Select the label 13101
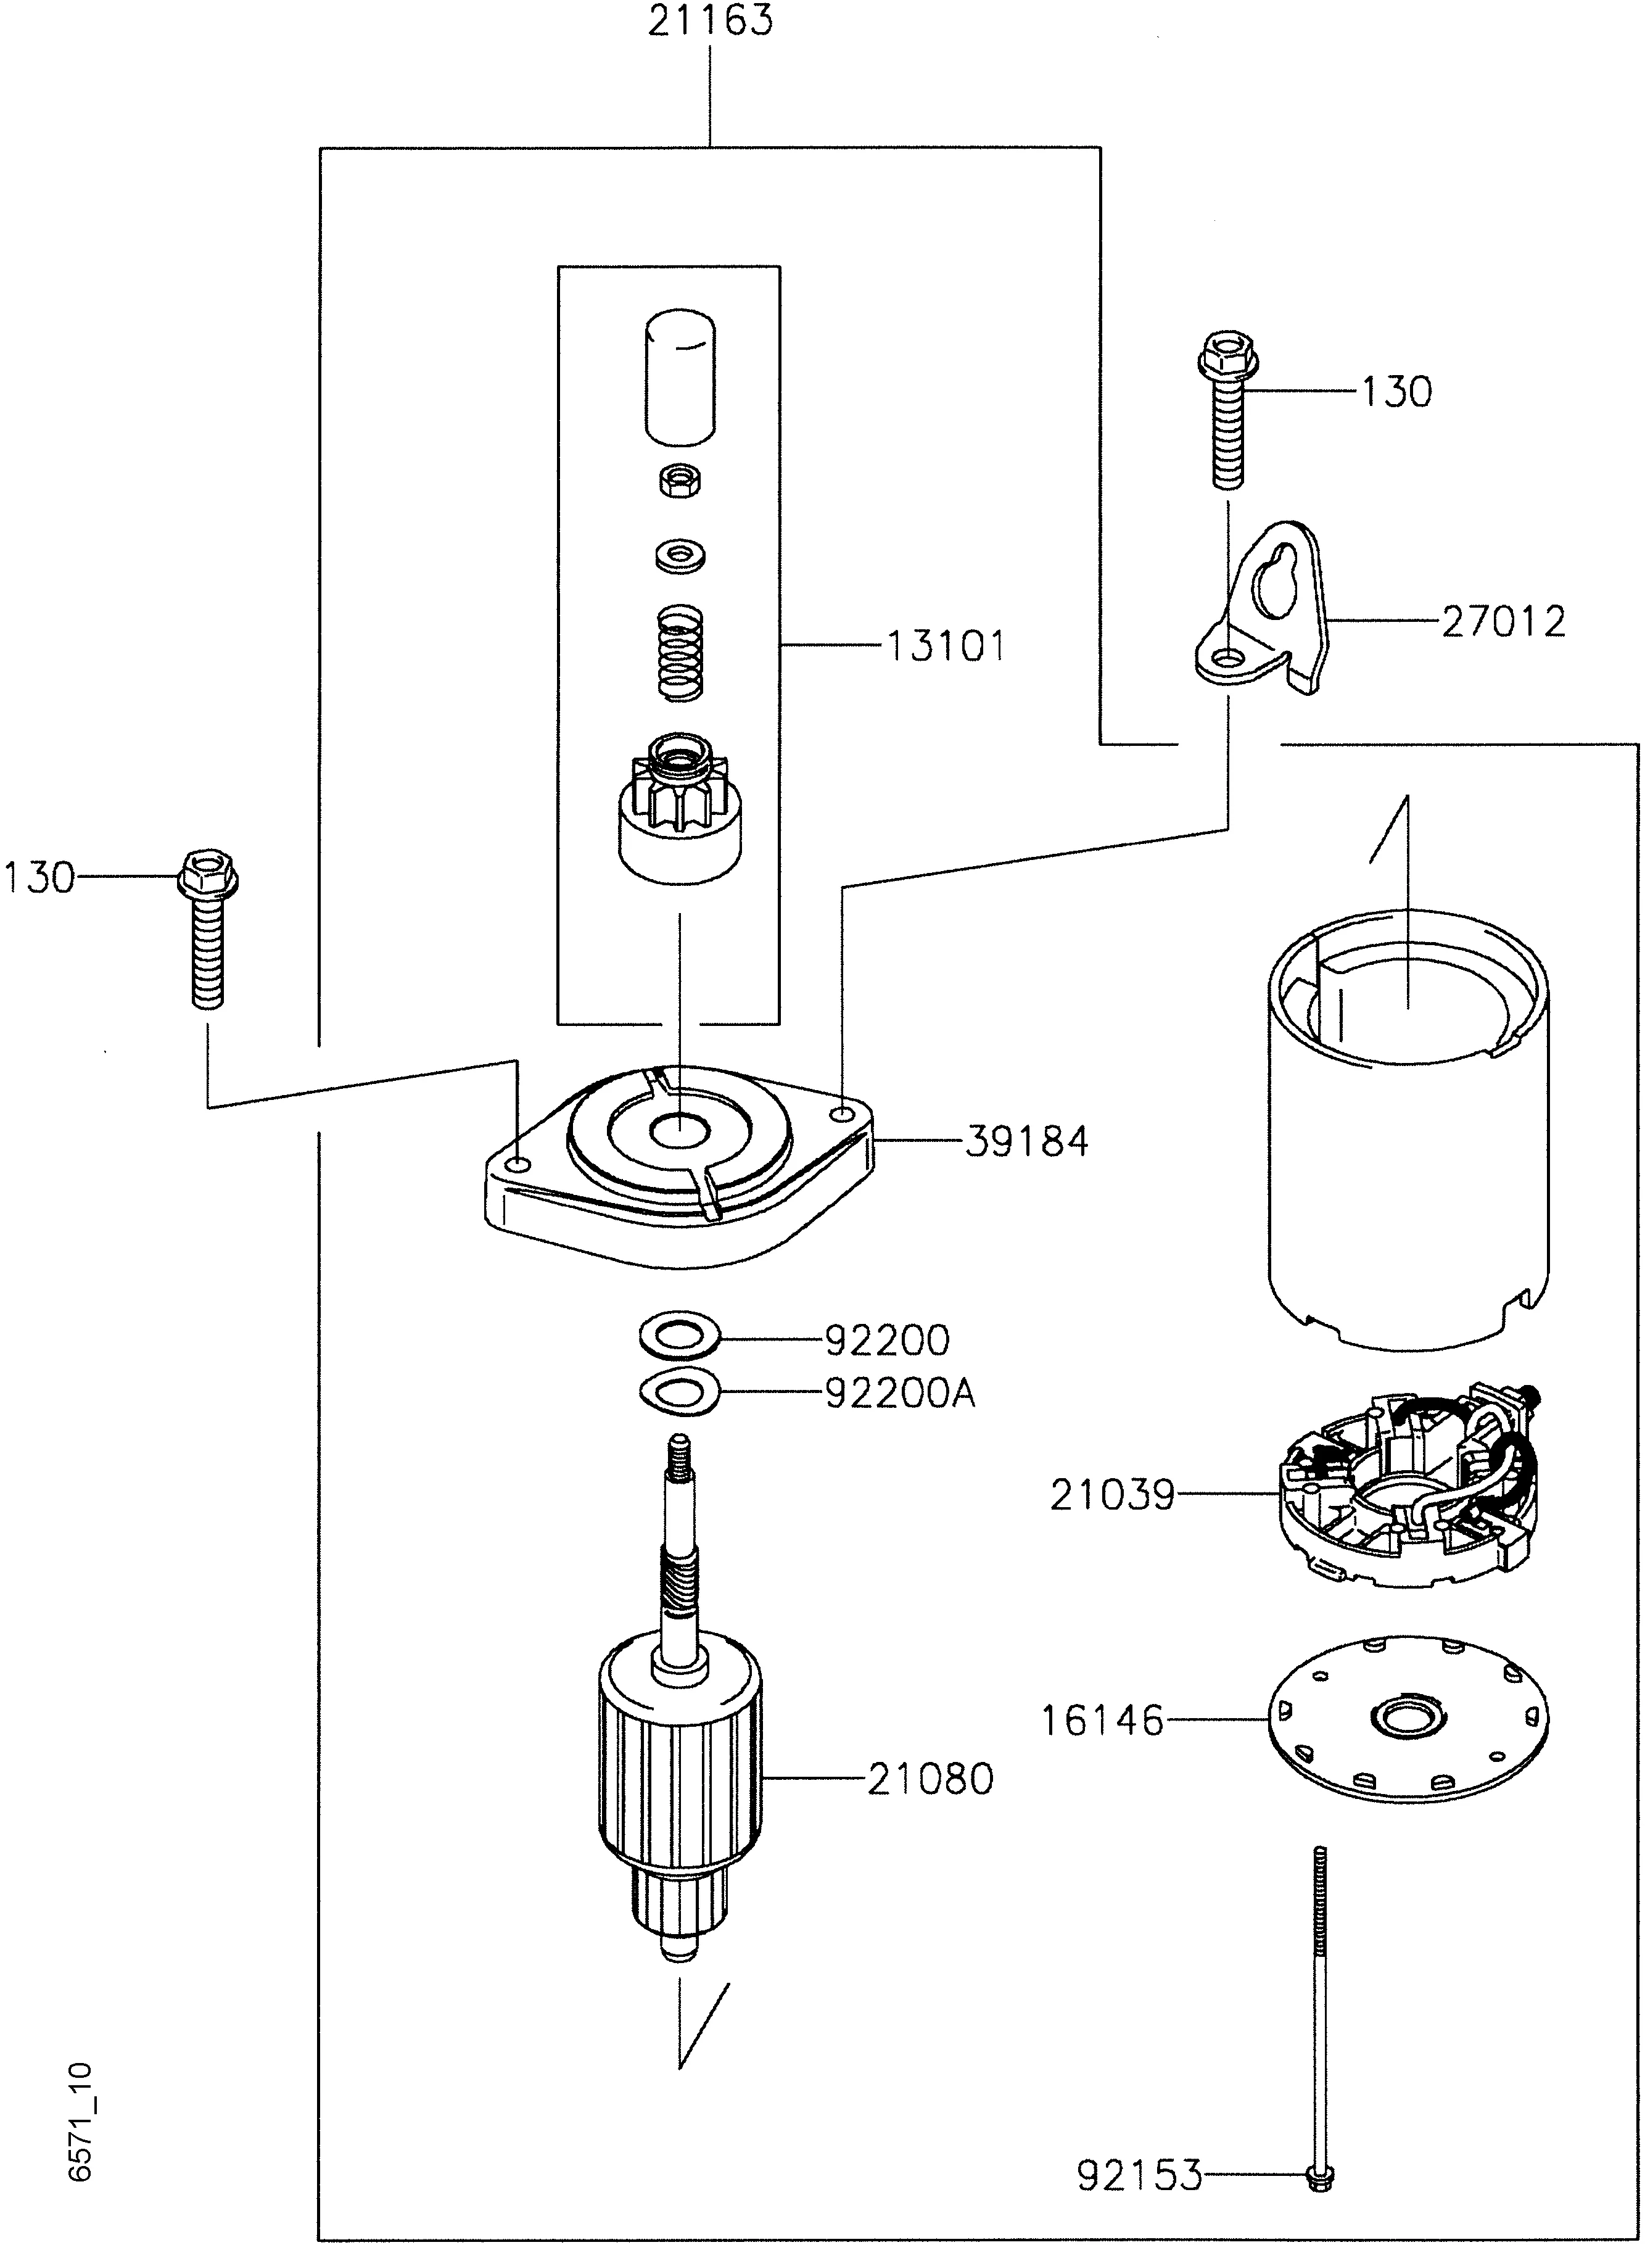coord(944,647)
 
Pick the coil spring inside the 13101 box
coord(680,655)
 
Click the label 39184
coord(1026,1141)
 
